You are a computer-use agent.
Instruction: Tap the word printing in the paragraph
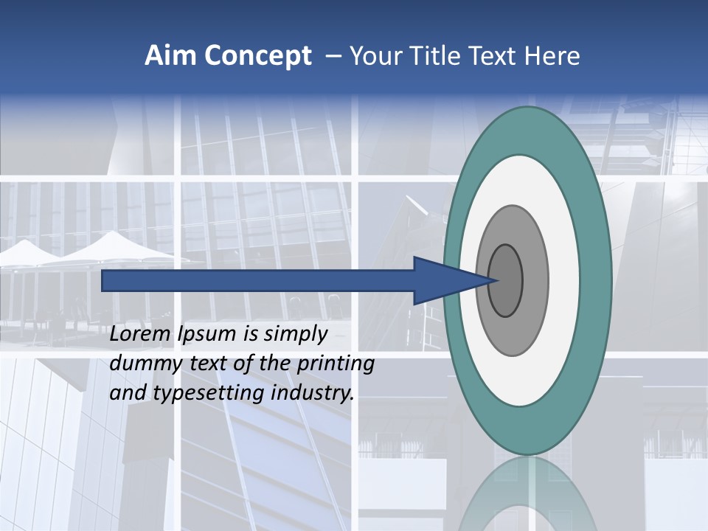click(335, 364)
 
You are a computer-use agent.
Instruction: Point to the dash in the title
click(333, 57)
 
